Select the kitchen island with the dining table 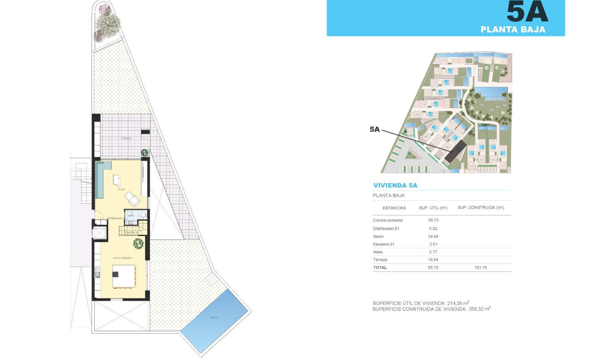click(x=124, y=276)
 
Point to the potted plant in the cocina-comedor click(x=138, y=244)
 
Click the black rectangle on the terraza click(x=145, y=132)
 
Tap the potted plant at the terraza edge click(x=145, y=153)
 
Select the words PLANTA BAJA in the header click(x=513, y=30)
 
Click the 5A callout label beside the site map click(x=375, y=129)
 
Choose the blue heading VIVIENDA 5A click(x=395, y=185)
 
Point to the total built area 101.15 click(x=481, y=268)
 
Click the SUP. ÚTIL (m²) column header click(x=433, y=208)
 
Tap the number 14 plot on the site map click(x=444, y=61)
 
